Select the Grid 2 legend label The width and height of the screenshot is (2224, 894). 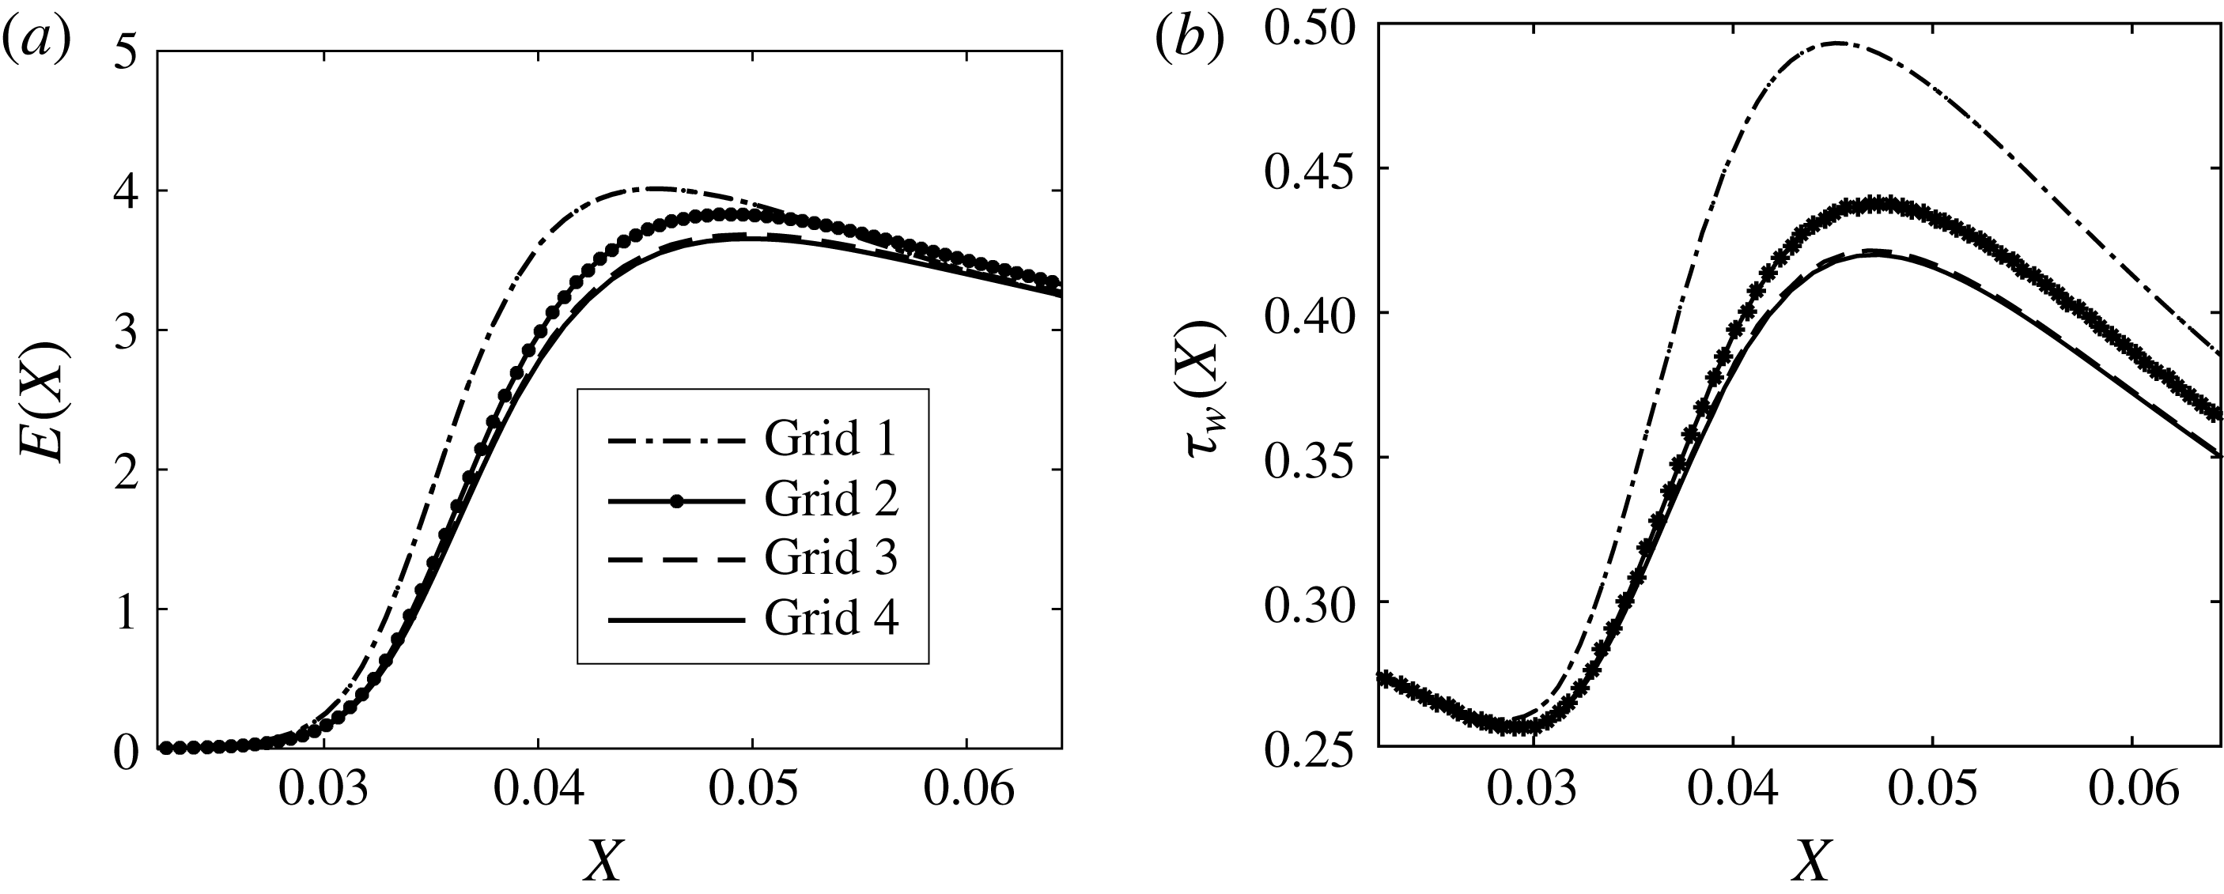pos(830,500)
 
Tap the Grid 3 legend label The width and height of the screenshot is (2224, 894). pos(830,558)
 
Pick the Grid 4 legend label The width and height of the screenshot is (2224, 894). pos(830,619)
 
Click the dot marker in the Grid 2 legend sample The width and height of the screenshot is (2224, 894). pos(678,500)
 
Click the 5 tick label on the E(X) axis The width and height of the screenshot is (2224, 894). pos(124,54)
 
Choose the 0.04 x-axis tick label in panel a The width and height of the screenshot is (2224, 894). pos(539,791)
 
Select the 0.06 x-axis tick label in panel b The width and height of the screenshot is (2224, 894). pos(2132,791)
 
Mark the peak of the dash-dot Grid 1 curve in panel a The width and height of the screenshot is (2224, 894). pos(656,188)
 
